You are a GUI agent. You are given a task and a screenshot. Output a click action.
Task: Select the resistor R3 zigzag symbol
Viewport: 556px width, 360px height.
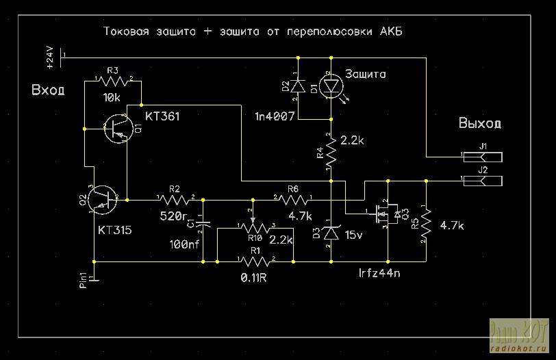point(112,81)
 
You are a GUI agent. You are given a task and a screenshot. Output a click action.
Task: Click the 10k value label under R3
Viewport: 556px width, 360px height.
point(112,98)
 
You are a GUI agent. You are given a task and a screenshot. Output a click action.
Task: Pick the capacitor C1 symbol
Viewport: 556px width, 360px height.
point(203,223)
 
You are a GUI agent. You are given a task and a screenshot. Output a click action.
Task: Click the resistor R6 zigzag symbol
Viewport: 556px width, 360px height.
point(293,200)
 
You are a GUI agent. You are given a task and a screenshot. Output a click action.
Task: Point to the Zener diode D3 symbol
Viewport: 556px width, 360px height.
point(331,233)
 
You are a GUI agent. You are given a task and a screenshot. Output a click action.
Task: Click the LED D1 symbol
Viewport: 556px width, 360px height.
point(332,87)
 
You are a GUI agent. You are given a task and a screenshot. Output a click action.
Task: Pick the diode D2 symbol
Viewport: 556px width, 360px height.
point(297,87)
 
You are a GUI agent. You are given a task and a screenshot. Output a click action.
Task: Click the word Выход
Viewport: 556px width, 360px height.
point(479,124)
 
